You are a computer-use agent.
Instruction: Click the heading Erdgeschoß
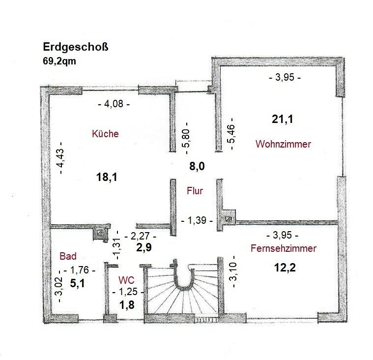(x=75, y=47)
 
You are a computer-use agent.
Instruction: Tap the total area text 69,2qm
(x=59, y=61)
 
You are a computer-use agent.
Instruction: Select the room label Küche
(x=105, y=134)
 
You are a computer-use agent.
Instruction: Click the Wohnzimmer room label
(x=284, y=144)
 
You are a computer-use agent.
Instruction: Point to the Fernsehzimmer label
(x=284, y=248)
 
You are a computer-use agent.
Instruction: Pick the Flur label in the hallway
(x=195, y=191)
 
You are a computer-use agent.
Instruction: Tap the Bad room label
(x=68, y=256)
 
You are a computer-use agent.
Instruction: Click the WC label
(x=126, y=280)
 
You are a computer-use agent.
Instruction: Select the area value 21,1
(x=283, y=119)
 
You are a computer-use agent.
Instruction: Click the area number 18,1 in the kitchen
(x=107, y=177)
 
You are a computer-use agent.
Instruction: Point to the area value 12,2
(x=285, y=268)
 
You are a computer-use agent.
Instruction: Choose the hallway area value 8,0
(x=197, y=166)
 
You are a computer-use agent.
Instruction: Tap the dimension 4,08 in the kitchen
(x=114, y=104)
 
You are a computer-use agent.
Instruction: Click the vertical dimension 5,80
(x=187, y=138)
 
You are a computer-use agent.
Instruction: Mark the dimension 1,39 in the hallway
(x=197, y=220)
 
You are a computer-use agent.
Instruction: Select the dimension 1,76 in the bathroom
(x=80, y=270)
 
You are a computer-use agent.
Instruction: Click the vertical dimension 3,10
(x=233, y=271)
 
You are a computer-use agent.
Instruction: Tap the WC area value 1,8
(x=127, y=305)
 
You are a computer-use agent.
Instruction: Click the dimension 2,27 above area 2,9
(x=141, y=236)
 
